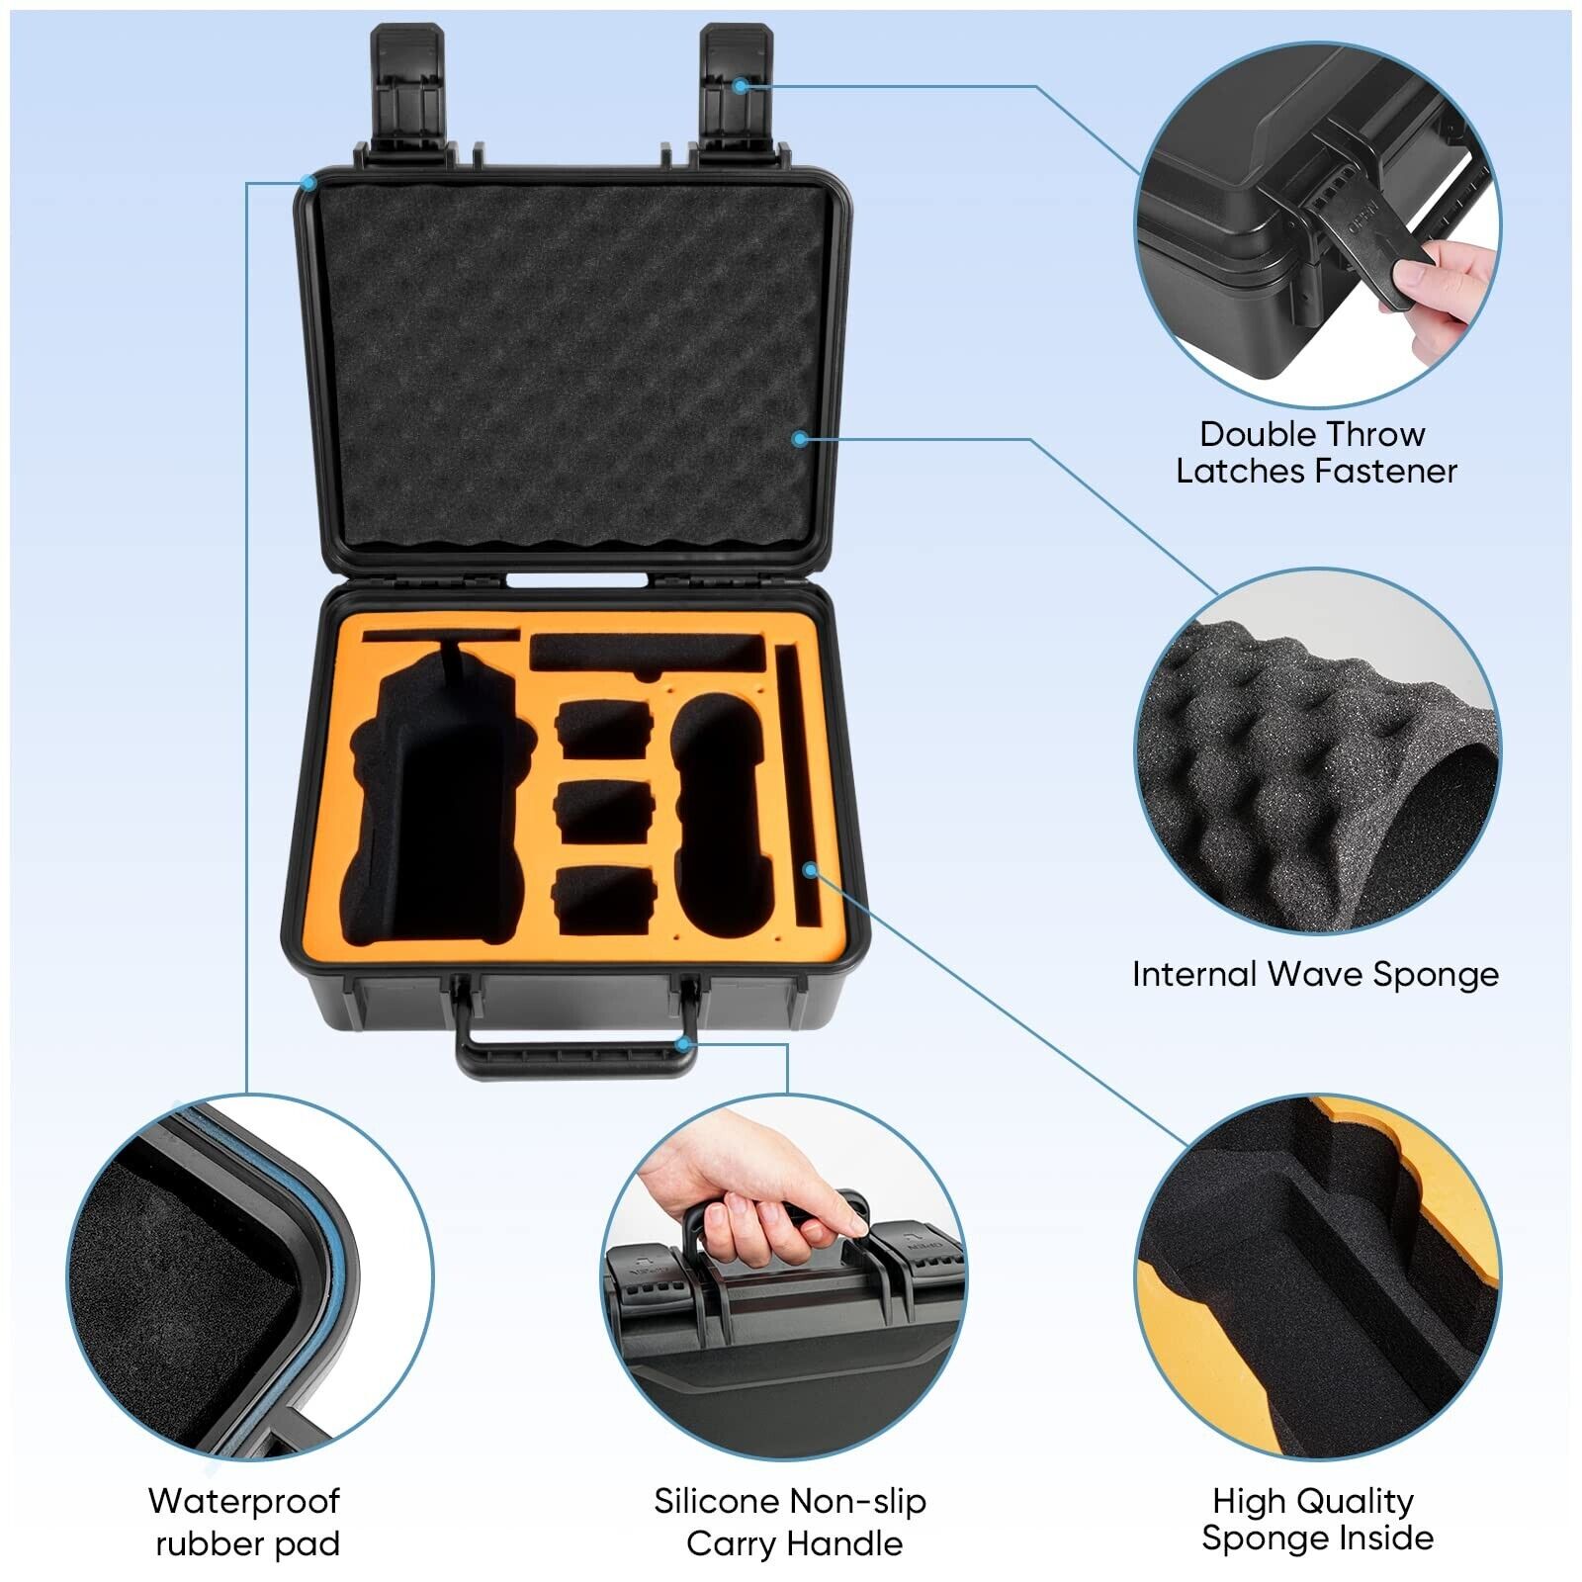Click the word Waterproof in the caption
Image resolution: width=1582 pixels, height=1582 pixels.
[244, 1501]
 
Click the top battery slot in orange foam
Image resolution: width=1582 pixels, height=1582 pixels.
[603, 730]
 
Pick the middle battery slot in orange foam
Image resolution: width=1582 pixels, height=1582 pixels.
[603, 813]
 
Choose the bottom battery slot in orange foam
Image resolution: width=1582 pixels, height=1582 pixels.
[603, 900]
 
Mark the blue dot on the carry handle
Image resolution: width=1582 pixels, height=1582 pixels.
[681, 1042]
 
